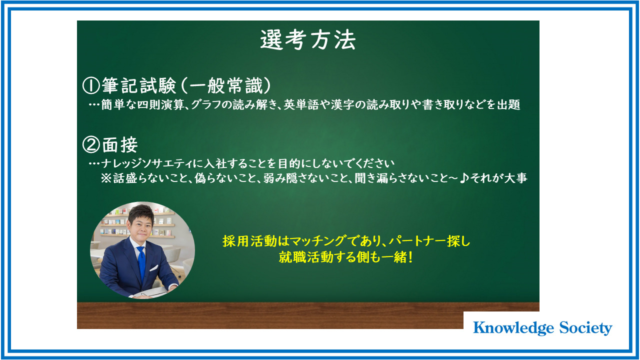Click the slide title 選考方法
(308, 40)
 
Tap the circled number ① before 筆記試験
(91, 85)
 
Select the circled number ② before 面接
(91, 144)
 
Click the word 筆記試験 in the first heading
(139, 85)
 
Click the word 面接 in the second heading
(120, 144)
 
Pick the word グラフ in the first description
(205, 105)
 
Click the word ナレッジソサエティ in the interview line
(146, 163)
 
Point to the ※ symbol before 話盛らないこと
(106, 178)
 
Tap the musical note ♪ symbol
(463, 178)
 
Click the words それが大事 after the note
(498, 178)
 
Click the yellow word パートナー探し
(429, 241)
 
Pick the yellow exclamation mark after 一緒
(410, 257)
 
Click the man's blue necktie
(141, 263)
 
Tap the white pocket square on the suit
(154, 268)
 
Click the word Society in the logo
(585, 328)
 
